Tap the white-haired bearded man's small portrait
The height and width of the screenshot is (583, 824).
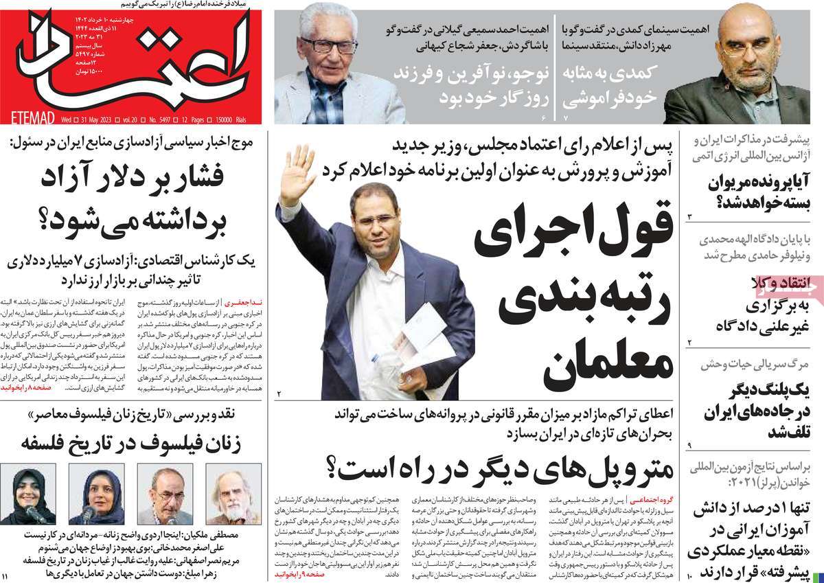coord(233,494)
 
